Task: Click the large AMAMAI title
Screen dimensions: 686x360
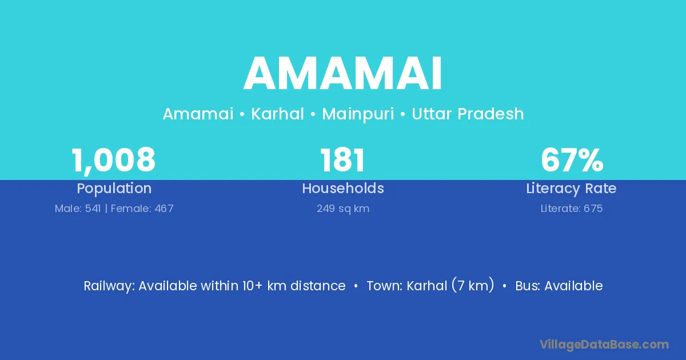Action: pyautogui.click(x=342, y=74)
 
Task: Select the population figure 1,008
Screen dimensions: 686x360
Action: pyautogui.click(x=114, y=161)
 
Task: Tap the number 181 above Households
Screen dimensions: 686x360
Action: pyautogui.click(x=342, y=160)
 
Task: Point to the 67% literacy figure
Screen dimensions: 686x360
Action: pyautogui.click(x=572, y=160)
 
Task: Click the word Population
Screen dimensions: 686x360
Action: pyautogui.click(x=114, y=189)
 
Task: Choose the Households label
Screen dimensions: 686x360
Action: pyautogui.click(x=343, y=188)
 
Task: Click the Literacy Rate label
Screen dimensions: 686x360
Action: pyautogui.click(x=571, y=189)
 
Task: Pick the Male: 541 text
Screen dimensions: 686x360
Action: pyautogui.click(x=78, y=209)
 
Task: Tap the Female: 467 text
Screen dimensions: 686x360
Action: pyautogui.click(x=142, y=209)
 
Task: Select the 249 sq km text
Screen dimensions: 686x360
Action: pyautogui.click(x=343, y=209)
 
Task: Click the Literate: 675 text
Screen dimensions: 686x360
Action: pyautogui.click(x=572, y=209)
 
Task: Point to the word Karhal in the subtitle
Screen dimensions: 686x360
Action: pyautogui.click(x=277, y=114)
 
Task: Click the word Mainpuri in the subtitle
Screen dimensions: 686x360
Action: pyautogui.click(x=358, y=114)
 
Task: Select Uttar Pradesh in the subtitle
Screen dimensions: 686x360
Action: pyautogui.click(x=468, y=114)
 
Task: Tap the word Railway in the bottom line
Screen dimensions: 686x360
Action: pyautogui.click(x=109, y=286)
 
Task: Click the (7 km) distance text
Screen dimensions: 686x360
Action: pyautogui.click(x=473, y=285)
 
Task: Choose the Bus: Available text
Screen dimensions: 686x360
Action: pyautogui.click(x=559, y=286)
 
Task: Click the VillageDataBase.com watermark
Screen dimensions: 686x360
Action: pyautogui.click(x=604, y=345)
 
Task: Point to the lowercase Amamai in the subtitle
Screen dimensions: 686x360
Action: pyautogui.click(x=198, y=114)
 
